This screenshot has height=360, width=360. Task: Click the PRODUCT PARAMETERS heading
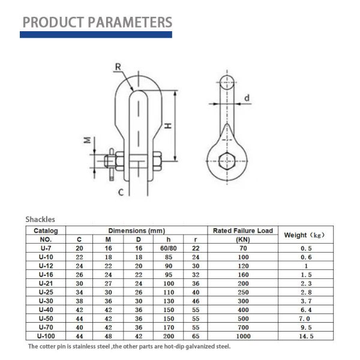97,22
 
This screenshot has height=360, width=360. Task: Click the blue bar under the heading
96,35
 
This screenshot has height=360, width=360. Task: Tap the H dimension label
170,125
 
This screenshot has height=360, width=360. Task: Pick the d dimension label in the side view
246,98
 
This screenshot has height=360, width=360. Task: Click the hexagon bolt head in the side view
226,160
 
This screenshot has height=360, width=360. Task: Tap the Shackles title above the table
40,220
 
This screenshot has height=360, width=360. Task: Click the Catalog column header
46,230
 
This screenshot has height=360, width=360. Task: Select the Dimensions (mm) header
136,230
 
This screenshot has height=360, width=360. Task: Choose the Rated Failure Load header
243,230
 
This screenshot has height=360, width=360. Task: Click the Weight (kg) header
303,235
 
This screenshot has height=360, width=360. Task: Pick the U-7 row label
46,247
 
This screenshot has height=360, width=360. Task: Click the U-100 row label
46,337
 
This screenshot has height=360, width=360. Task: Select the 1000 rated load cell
243,337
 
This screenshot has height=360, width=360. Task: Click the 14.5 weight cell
306,337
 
